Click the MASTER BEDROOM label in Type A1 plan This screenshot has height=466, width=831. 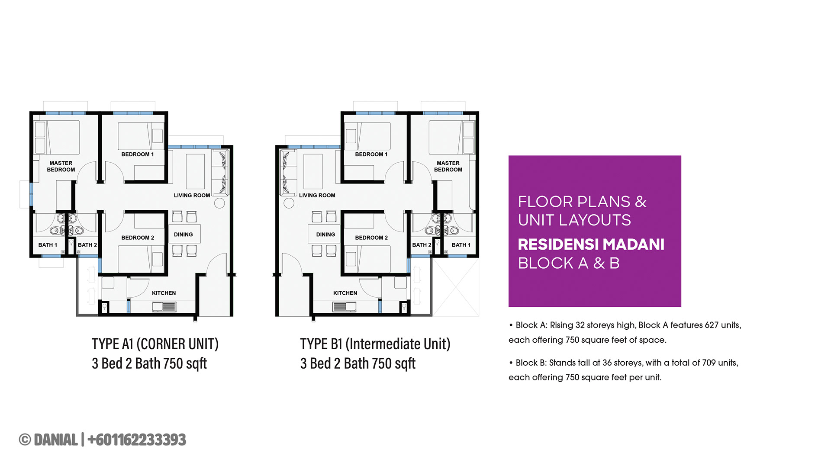pos(61,166)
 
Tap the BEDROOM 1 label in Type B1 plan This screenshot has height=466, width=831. pos(371,154)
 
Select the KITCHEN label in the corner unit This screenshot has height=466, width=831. pos(164,293)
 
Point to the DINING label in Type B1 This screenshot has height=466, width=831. pos(325,235)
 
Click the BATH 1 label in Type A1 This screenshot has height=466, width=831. pos(48,245)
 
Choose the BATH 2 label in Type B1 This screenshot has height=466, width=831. pos(422,245)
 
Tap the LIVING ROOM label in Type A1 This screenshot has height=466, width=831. pos(192,196)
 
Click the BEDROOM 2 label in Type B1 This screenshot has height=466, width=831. pos(371,238)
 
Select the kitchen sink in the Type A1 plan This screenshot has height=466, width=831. pos(164,307)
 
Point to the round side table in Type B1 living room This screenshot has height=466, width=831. pos(289,203)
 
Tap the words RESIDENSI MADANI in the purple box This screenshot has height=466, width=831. pos(591,244)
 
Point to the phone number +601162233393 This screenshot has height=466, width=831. pos(137,440)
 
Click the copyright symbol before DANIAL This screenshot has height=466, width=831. pos(25,440)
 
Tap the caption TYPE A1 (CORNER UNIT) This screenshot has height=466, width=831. pos(155,344)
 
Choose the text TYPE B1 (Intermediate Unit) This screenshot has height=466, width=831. pos(375,344)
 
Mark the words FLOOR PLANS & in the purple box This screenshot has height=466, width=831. pos(582,202)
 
